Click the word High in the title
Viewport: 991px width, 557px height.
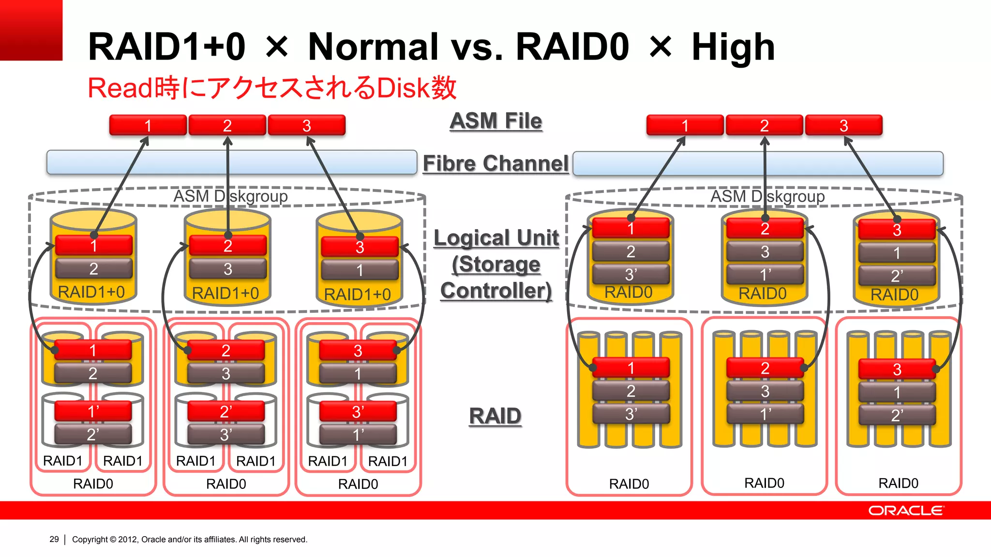[x=733, y=47]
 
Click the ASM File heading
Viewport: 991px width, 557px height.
[x=495, y=121]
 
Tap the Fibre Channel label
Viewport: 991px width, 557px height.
[x=495, y=163]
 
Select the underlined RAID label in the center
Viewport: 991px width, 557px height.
[x=495, y=416]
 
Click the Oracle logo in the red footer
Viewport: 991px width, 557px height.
[x=905, y=511]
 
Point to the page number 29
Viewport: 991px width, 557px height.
[x=54, y=539]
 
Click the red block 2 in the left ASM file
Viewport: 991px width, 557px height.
[x=227, y=126]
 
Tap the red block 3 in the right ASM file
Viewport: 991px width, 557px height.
[x=843, y=126]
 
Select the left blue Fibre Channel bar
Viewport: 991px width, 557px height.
[x=232, y=162]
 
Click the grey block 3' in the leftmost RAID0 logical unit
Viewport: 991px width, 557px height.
[x=631, y=275]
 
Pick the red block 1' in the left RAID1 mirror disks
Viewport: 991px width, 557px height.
[x=93, y=411]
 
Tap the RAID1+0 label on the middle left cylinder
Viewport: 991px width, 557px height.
[x=225, y=293]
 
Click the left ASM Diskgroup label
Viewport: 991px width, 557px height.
[x=230, y=196]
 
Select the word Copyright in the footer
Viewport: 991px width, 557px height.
[x=90, y=539]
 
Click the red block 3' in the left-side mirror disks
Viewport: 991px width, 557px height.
[x=358, y=412]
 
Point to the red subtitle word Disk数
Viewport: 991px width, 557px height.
[x=416, y=88]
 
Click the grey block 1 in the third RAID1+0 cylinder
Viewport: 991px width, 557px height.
[x=359, y=270]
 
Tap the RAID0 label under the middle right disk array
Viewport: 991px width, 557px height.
[x=764, y=483]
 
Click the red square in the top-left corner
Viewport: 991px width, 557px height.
[x=31, y=30]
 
